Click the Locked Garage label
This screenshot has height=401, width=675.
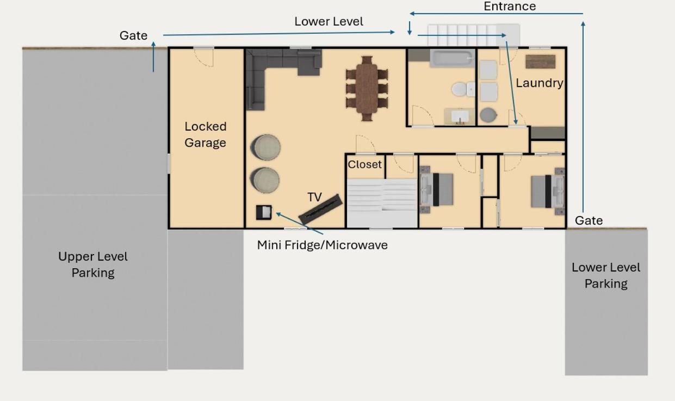205,134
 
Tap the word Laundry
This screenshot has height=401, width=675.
540,83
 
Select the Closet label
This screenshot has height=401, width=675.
364,164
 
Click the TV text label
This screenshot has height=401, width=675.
314,197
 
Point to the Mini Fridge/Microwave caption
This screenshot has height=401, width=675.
322,245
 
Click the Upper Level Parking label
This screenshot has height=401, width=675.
93,265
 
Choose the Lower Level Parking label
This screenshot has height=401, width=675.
606,275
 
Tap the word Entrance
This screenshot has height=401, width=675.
510,7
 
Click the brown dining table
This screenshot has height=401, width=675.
367,88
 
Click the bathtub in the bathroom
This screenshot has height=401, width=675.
453,58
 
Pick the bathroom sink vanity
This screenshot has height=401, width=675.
459,116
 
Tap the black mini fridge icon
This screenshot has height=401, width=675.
264,212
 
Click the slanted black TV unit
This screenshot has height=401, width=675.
320,209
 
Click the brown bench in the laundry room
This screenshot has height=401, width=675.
540,62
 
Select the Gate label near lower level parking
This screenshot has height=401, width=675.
589,221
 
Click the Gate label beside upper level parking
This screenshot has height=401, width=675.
133,35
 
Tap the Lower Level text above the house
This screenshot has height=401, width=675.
329,21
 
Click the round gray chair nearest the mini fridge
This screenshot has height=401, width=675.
264,180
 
